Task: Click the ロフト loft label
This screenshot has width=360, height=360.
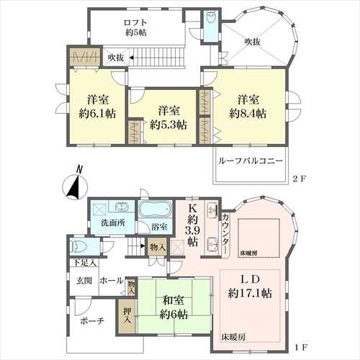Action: [135, 22]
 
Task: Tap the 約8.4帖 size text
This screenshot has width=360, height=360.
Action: [248, 113]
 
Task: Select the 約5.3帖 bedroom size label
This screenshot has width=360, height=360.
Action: [168, 125]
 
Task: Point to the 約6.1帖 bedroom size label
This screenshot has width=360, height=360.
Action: [97, 113]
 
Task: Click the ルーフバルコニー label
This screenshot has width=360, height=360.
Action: [251, 161]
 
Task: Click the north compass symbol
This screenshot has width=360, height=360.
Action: [75, 184]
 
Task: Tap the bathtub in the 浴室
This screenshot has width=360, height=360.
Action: [156, 210]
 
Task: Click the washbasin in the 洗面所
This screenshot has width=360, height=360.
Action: [122, 207]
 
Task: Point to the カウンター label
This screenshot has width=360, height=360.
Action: [225, 233]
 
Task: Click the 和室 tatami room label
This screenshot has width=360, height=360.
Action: [174, 300]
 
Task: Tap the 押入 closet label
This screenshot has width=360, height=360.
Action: [127, 316]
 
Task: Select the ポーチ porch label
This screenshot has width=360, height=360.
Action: [92, 321]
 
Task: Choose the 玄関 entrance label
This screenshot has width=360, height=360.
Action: [84, 280]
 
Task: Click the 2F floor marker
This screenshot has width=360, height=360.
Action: [299, 179]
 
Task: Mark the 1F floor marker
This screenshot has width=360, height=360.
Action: [300, 347]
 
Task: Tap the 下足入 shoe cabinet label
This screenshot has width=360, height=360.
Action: [84, 263]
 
